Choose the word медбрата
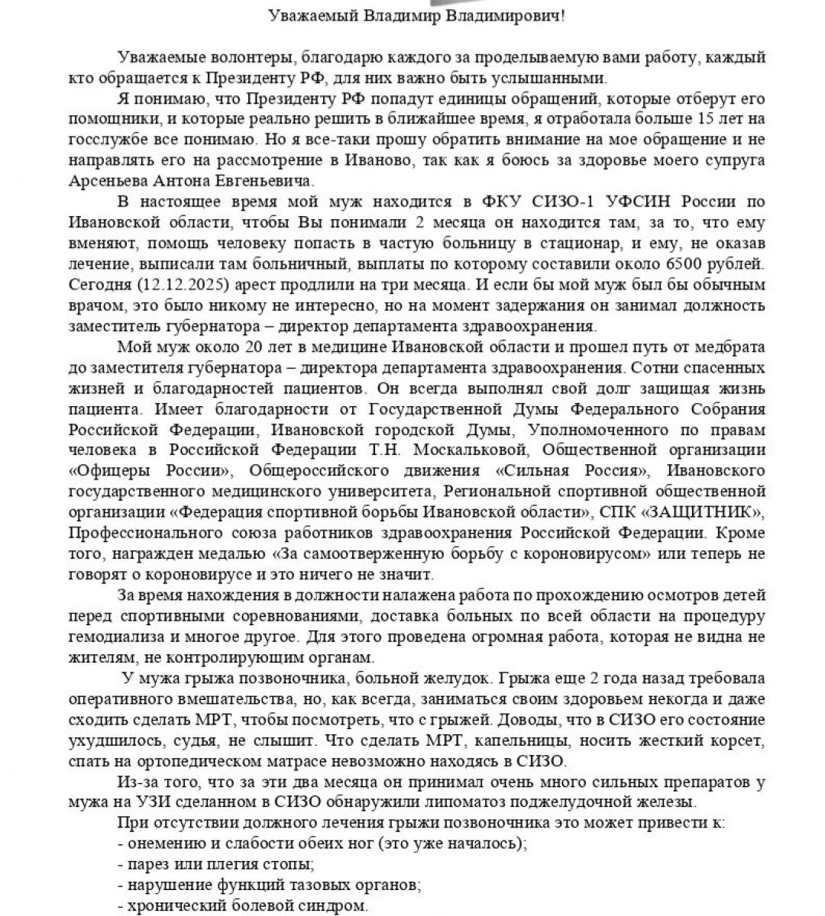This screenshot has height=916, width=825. (x=734, y=347)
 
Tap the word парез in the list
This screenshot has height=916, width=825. (x=147, y=864)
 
